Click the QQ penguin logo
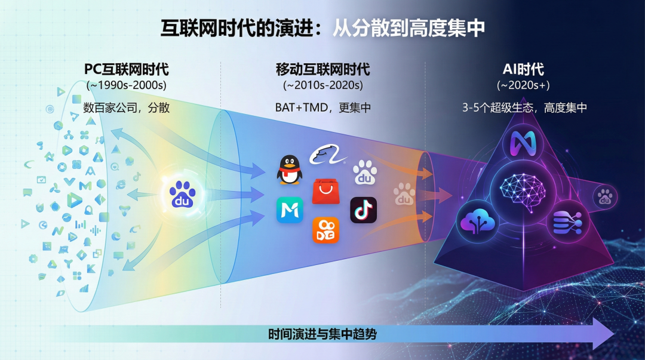pyautogui.click(x=289, y=170)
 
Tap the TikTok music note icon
pyautogui.click(x=363, y=210)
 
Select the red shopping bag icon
pyautogui.click(x=326, y=191)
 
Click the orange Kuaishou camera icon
pyautogui.click(x=326, y=230)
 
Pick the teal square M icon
pyautogui.click(x=290, y=210)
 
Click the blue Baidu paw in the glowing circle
pyautogui.click(x=182, y=195)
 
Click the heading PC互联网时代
pyautogui.click(x=126, y=69)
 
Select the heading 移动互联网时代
pyautogui.click(x=323, y=69)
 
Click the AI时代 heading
pyautogui.click(x=523, y=69)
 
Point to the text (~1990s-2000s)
pyautogui.click(x=126, y=85)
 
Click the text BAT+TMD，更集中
pyautogui.click(x=323, y=107)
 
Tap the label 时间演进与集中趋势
pyautogui.click(x=322, y=334)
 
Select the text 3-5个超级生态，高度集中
pyautogui.click(x=524, y=107)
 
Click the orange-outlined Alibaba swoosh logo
pyautogui.click(x=327, y=155)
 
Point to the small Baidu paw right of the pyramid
pyautogui.click(x=604, y=196)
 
